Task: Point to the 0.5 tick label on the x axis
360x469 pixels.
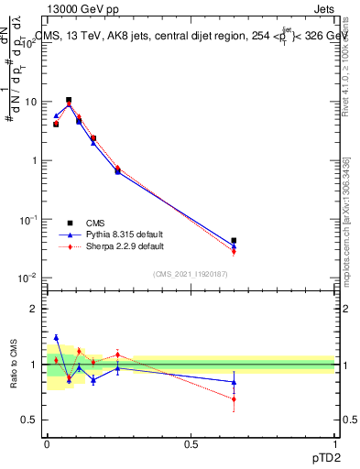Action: click(191, 444)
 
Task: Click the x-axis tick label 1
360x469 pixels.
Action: click(334, 444)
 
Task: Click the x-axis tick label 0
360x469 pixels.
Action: click(47, 444)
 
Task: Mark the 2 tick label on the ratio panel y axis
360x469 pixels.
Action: click(33, 309)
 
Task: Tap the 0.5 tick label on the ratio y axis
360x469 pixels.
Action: click(29, 420)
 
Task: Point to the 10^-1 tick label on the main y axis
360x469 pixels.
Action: click(27, 220)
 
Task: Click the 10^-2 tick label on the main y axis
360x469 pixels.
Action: click(27, 278)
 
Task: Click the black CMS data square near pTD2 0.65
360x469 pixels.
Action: click(234, 241)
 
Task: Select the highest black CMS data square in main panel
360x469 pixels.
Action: click(69, 100)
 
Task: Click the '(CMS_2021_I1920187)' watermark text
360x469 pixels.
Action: click(191, 274)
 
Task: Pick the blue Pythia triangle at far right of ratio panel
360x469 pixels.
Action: click(234, 382)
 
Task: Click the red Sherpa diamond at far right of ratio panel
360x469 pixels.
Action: click(234, 399)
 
